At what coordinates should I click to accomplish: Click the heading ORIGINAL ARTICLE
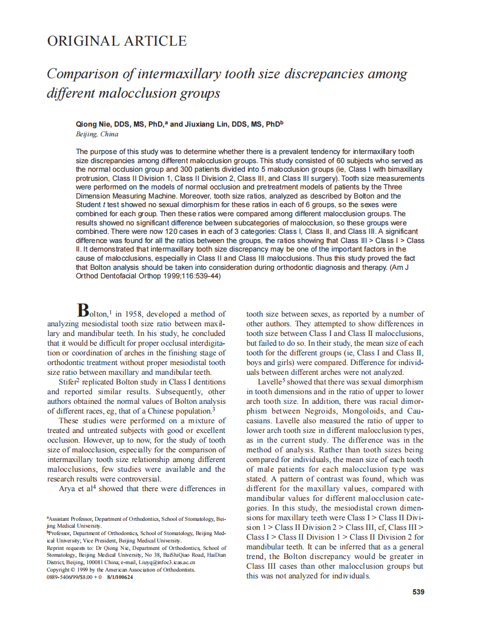pos(117,41)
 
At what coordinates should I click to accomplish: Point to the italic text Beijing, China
pos(97,134)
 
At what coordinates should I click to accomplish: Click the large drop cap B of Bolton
pos(83,311)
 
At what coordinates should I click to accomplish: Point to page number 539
pos(418,592)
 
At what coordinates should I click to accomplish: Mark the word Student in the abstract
pos(89,205)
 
